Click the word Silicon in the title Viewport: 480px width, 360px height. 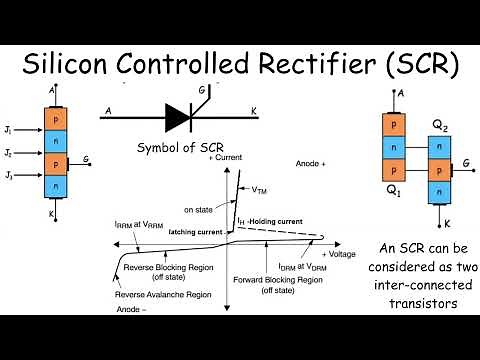pyautogui.click(x=68, y=66)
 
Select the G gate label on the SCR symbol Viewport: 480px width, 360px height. pyautogui.click(x=203, y=92)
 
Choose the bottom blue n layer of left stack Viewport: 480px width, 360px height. pyautogui.click(x=56, y=186)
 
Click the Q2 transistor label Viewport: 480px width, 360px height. pyautogui.click(x=439, y=127)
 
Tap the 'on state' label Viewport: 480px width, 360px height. pyautogui.click(x=200, y=209)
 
